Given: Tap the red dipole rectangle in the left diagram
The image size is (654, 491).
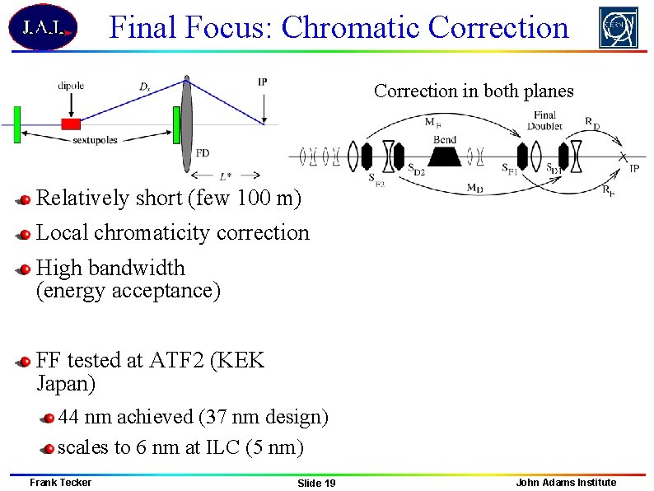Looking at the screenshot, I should point(71,124).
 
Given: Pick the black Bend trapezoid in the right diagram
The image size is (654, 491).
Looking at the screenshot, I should point(445,154).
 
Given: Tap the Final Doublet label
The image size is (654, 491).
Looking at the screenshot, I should point(545,120).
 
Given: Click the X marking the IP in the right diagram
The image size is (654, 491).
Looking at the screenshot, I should point(624,156).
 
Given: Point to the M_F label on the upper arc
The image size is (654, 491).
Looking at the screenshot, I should point(432,123).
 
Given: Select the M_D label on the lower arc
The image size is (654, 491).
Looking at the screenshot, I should point(474,188).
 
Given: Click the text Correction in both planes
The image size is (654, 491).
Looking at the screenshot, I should point(474,91).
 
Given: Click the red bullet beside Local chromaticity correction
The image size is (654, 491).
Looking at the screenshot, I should point(26,234).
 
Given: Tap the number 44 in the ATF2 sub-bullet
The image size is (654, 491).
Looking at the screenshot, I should point(69,417).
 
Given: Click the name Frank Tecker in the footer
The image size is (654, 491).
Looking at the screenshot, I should point(60,482).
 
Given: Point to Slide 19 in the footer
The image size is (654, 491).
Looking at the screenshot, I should point(316,483).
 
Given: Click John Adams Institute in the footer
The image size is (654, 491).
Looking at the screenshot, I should point(565,482).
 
